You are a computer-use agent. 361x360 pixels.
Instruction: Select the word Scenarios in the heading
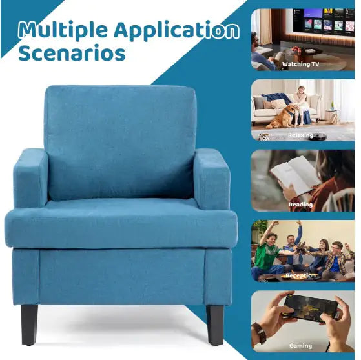click(x=71, y=52)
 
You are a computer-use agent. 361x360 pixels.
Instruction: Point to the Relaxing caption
click(x=301, y=135)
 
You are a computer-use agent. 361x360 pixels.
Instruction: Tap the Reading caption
click(x=301, y=205)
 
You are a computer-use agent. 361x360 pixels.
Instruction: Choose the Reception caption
click(x=301, y=275)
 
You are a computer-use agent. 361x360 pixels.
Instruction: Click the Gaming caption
click(x=301, y=345)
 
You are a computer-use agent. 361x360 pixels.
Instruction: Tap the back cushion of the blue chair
click(x=121, y=142)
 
